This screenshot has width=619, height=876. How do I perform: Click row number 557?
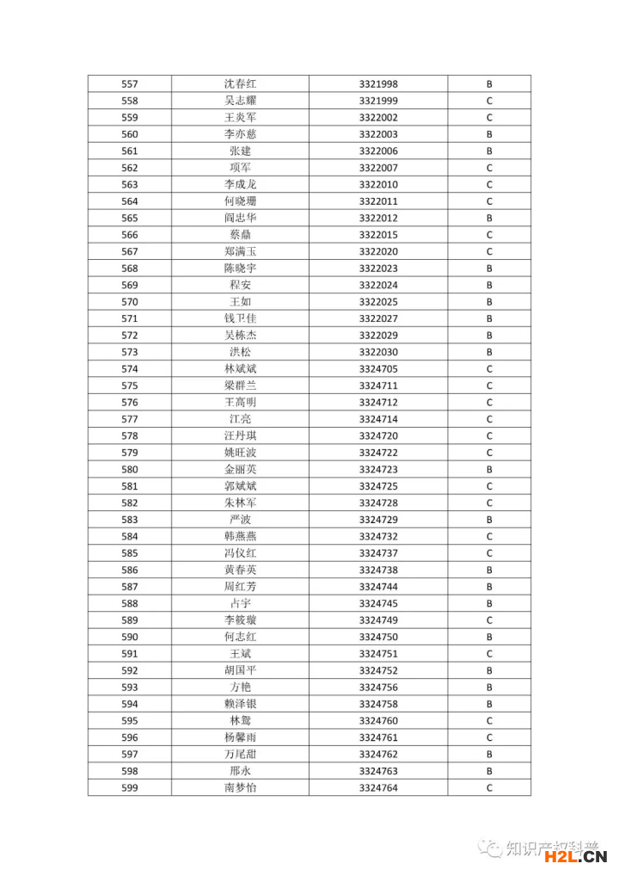coord(130,84)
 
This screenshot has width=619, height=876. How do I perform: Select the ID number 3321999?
coord(378,101)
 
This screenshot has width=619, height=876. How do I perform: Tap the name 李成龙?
coord(240,185)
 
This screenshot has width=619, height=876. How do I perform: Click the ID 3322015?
coord(378,235)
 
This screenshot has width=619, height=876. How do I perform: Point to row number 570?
coord(130,302)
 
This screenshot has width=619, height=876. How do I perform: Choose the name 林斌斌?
coord(240,369)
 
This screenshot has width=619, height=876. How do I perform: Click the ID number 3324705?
coord(378,369)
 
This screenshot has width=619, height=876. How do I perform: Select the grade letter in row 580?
coord(489,470)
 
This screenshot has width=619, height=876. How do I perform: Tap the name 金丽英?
coord(240,470)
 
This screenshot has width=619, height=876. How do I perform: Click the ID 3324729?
coord(378,520)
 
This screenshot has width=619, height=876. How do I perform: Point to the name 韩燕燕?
coord(240,537)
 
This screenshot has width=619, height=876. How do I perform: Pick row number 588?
coord(130,604)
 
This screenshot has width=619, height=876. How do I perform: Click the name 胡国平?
coord(240,671)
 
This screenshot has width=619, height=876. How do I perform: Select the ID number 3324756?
coord(378,688)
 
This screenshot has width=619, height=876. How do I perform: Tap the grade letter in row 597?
coord(489,755)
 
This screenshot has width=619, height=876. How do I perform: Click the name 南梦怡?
coord(240,788)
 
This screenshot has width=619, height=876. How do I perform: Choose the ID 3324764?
coord(378,788)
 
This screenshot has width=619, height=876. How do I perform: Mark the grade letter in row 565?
coord(489,219)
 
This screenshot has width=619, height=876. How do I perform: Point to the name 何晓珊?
coord(240,201)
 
